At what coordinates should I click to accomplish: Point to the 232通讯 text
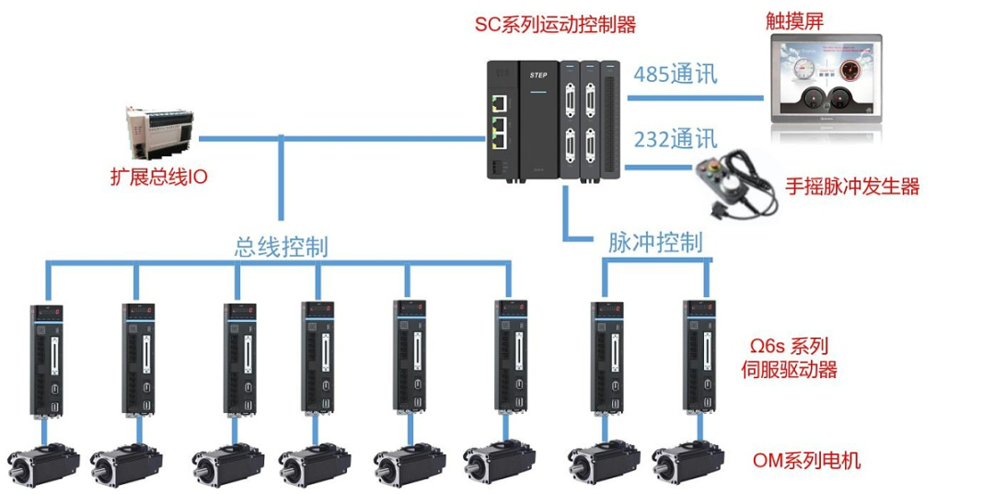675,141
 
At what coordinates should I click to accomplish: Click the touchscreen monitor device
826,82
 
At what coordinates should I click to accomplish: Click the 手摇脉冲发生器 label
852,187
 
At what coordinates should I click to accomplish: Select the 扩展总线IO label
158,177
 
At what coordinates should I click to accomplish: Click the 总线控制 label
282,247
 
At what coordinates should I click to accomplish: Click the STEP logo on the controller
539,72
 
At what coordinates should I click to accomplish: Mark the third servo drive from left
240,360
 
